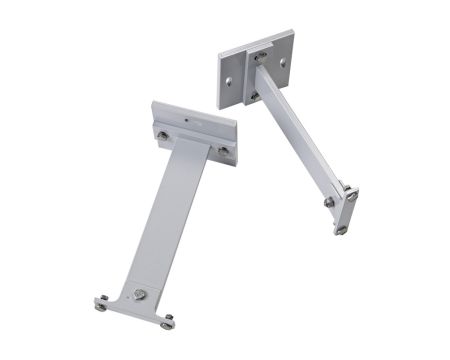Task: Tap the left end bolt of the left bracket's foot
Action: point(102,305)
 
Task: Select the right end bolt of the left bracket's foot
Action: point(168,321)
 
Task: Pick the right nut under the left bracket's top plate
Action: point(222,151)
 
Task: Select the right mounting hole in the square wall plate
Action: point(283,62)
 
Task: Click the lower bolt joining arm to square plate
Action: point(254,96)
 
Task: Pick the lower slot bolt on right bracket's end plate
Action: point(341,229)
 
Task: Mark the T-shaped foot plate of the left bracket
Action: point(135,305)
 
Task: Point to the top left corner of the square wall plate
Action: point(219,54)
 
